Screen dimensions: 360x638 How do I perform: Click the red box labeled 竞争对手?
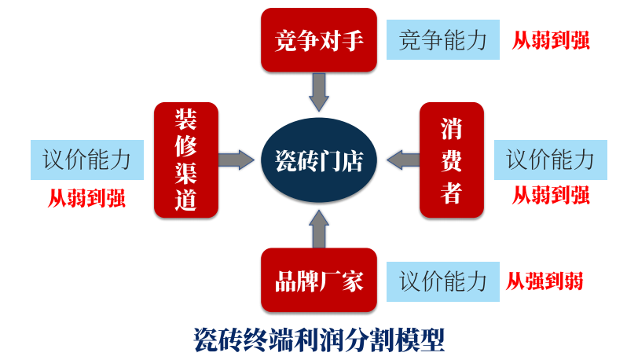(x=319, y=39)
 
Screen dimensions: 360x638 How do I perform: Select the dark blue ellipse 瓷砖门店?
(x=319, y=160)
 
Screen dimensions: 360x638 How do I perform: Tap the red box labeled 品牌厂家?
(x=319, y=281)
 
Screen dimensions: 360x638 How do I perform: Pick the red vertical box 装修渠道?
(x=185, y=160)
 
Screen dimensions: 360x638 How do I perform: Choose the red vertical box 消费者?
(x=451, y=160)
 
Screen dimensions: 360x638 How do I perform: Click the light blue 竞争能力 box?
(x=443, y=39)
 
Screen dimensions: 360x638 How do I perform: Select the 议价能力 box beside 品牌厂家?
(x=443, y=281)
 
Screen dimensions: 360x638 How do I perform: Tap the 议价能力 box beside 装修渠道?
(x=86, y=160)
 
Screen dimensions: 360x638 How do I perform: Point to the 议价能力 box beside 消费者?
(x=550, y=160)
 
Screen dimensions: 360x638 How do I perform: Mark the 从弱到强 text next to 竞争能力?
(x=551, y=39)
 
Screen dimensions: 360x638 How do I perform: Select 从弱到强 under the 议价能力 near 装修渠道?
(x=86, y=197)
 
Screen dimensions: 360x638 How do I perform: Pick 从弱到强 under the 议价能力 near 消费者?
(x=551, y=195)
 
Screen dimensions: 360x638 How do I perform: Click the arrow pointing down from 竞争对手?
(x=319, y=91)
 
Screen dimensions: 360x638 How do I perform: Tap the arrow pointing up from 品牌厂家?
(x=319, y=228)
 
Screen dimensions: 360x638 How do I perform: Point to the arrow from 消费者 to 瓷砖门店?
(x=403, y=160)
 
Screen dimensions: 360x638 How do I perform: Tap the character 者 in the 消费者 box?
(x=451, y=193)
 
